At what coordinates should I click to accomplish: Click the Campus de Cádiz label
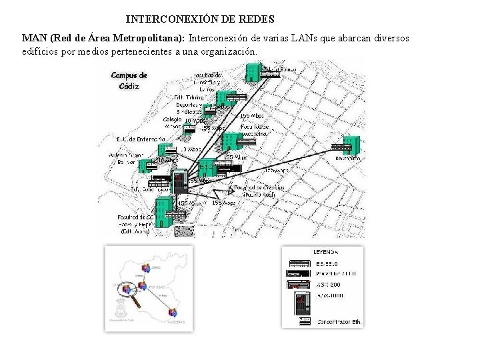(128, 80)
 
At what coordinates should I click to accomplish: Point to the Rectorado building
(348, 145)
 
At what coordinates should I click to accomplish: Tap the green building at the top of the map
(253, 71)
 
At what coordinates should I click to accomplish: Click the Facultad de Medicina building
(233, 141)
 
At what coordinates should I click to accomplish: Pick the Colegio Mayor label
(172, 123)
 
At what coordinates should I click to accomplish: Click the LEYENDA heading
(326, 252)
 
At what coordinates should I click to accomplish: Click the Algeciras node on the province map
(174, 313)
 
